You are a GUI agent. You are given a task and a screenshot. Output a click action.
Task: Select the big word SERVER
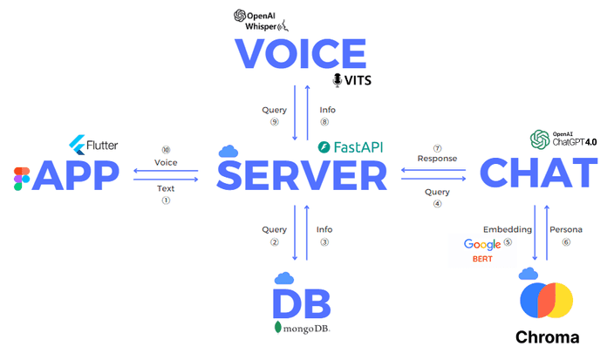click(x=302, y=176)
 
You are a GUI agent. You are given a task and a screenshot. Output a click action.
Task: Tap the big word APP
click(x=76, y=176)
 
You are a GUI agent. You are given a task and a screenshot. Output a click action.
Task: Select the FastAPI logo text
click(x=350, y=147)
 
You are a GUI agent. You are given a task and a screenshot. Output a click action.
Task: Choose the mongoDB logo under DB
click(x=302, y=329)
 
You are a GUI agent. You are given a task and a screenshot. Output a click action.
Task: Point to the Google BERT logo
click(x=482, y=251)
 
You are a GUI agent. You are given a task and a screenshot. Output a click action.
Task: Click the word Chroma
click(x=547, y=337)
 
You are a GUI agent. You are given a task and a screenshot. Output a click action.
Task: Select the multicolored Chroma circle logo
click(x=546, y=300)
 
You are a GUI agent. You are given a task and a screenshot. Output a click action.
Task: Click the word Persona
click(x=565, y=229)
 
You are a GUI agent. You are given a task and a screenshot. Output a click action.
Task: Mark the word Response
click(x=437, y=159)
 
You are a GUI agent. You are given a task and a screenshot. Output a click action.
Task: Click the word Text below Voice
click(x=166, y=188)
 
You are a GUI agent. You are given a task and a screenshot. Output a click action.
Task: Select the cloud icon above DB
click(x=283, y=278)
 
